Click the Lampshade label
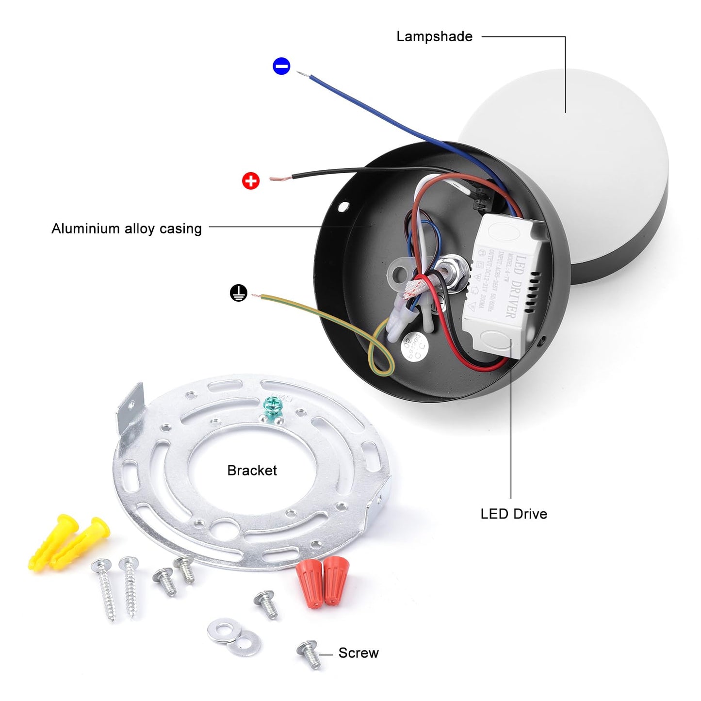click(434, 37)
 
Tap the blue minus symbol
click(281, 66)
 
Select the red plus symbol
click(251, 181)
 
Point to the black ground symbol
click(238, 293)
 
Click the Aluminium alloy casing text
click(127, 228)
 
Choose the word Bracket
click(252, 470)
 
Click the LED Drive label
click(514, 514)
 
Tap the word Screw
click(359, 653)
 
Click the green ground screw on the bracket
click(273, 405)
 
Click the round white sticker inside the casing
click(413, 346)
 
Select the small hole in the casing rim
click(343, 207)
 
